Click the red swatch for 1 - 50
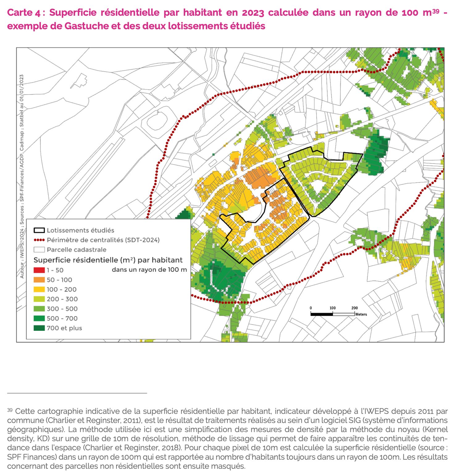(x=39, y=270)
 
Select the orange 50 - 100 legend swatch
(x=39, y=280)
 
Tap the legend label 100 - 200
(x=61, y=289)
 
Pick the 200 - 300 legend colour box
(x=39, y=299)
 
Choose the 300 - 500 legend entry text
(x=62, y=309)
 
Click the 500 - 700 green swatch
(x=39, y=318)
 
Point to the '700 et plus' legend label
(x=64, y=328)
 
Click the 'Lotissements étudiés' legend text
(x=80, y=231)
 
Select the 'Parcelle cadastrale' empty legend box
(x=39, y=250)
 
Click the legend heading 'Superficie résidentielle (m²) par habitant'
(x=108, y=260)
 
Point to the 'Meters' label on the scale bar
(x=361, y=314)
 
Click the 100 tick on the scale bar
(x=333, y=308)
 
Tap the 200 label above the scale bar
(x=354, y=308)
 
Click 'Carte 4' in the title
(x=23, y=13)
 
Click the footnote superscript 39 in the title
(x=435, y=11)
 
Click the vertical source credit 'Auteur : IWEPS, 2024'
(x=22, y=253)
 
